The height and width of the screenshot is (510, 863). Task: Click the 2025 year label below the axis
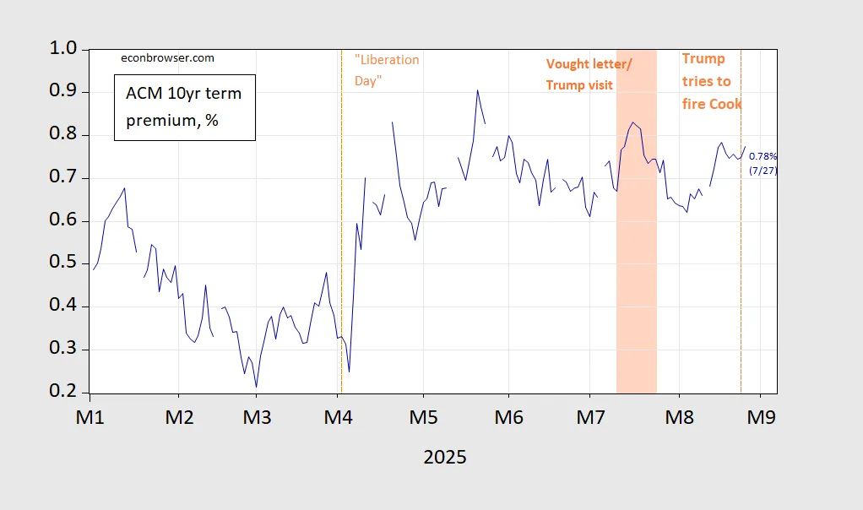click(x=444, y=457)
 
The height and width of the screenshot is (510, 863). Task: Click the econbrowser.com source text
click(x=166, y=58)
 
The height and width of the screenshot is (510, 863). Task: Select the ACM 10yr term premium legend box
click(x=184, y=107)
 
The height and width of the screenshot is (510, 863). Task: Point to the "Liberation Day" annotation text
click(x=387, y=70)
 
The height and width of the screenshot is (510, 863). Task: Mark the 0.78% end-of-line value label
click(x=763, y=157)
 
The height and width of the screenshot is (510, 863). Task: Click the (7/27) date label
click(x=763, y=171)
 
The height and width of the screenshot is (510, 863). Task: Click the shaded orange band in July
click(x=636, y=253)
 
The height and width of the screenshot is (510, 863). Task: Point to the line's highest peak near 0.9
click(x=477, y=90)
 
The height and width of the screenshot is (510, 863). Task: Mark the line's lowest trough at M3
click(x=256, y=387)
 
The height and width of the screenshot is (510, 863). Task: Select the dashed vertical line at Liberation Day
click(x=340, y=253)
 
